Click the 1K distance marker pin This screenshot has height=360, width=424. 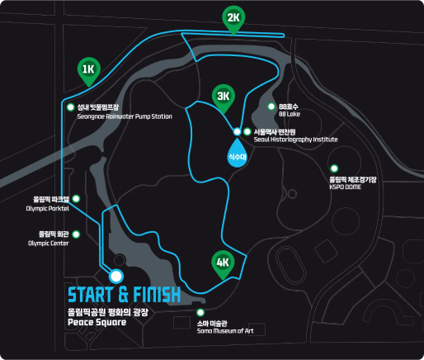pyautogui.click(x=89, y=71)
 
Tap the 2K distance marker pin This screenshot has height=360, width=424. pyautogui.click(x=233, y=19)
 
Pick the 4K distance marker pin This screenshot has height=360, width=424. pyautogui.click(x=223, y=264)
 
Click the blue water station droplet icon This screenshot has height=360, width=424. pyautogui.click(x=238, y=153)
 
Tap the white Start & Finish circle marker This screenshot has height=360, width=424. pyautogui.click(x=116, y=276)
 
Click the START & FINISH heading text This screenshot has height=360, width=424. pyautogui.click(x=125, y=295)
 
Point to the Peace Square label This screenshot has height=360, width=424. pyautogui.click(x=97, y=322)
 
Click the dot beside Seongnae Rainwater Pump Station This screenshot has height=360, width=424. pyautogui.click(x=71, y=107)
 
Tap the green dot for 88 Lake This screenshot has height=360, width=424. pyautogui.click(x=271, y=107)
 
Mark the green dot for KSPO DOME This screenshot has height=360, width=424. pyautogui.click(x=334, y=168)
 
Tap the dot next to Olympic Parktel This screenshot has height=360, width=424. pyautogui.click(x=76, y=199)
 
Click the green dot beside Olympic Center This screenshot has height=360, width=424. pyautogui.click(x=76, y=234)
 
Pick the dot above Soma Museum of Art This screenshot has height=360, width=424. pyautogui.click(x=200, y=312)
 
